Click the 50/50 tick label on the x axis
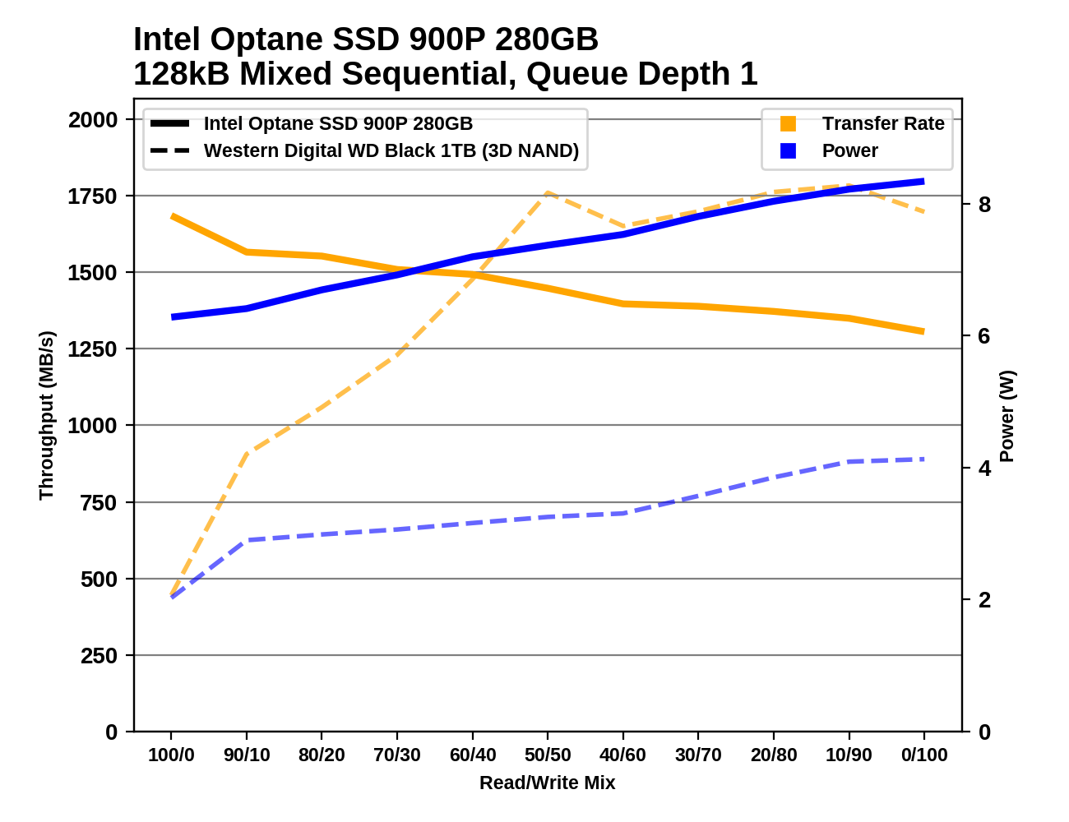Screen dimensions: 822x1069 (548, 755)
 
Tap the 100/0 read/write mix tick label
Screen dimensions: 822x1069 (171, 755)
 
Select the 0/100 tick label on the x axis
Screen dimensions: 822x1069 (924, 755)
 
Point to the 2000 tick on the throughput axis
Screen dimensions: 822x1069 (93, 120)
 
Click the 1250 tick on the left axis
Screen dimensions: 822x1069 (93, 349)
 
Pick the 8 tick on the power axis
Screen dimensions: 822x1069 (984, 205)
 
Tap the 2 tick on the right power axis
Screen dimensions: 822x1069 (984, 600)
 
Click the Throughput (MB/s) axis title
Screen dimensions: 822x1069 (46, 415)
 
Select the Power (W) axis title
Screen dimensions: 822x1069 (1007, 416)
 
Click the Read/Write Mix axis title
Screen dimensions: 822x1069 (547, 783)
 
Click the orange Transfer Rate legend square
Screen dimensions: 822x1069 (788, 123)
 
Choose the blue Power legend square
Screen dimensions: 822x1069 (788, 150)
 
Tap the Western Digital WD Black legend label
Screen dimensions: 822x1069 (391, 150)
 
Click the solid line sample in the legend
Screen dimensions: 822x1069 (170, 123)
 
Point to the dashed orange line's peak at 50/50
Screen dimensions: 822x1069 (548, 192)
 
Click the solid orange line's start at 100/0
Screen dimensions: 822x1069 (172, 216)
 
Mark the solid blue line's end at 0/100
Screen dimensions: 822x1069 (923, 181)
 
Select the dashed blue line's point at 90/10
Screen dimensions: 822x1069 (247, 540)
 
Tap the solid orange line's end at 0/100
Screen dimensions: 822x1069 (923, 331)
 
